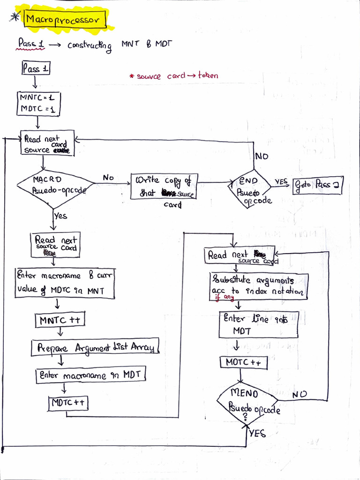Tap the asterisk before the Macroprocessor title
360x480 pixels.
[x=15, y=17]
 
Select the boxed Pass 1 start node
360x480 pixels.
[x=36, y=68]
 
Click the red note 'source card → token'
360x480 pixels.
[x=174, y=75]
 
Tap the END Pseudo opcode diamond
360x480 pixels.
[x=249, y=188]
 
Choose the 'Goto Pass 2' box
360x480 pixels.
[x=318, y=185]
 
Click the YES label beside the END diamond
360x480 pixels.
[x=281, y=181]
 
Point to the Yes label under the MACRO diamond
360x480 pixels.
[x=60, y=216]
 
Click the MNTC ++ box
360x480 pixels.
[x=60, y=320]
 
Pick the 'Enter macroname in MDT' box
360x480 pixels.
[x=91, y=375]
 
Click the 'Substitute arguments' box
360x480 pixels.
[x=258, y=286]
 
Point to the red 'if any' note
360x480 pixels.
[x=225, y=297]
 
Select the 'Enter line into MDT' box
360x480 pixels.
[x=258, y=324]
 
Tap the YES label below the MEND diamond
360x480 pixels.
[x=257, y=433]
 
